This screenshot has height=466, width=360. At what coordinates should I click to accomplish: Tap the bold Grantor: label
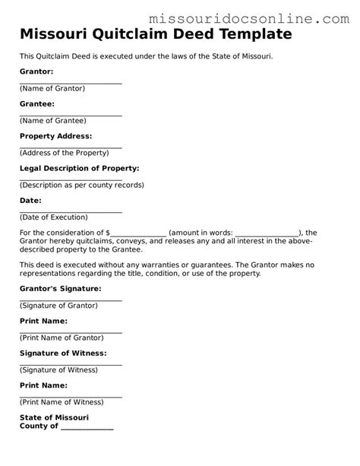(x=36, y=71)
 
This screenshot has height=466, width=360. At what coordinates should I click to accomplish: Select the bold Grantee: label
(x=36, y=103)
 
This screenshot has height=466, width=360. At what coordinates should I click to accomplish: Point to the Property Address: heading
(x=55, y=136)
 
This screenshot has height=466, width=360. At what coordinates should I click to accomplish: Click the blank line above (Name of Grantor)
(x=71, y=83)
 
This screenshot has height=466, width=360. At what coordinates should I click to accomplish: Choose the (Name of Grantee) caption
(x=53, y=120)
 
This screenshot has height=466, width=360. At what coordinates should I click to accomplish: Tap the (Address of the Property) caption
(x=65, y=153)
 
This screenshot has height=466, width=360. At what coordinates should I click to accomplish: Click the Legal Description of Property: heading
(x=79, y=168)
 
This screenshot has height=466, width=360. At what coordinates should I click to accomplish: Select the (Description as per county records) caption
(x=82, y=185)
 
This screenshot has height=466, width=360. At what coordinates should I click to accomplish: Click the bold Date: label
(x=30, y=201)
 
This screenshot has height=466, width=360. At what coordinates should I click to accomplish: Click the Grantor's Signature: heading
(x=60, y=289)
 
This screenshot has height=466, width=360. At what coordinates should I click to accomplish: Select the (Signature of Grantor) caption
(x=58, y=305)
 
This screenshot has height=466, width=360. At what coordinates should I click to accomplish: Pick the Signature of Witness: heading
(x=62, y=353)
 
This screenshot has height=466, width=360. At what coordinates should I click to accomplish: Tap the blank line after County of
(x=87, y=428)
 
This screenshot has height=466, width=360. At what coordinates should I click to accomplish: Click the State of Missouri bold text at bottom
(x=54, y=417)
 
